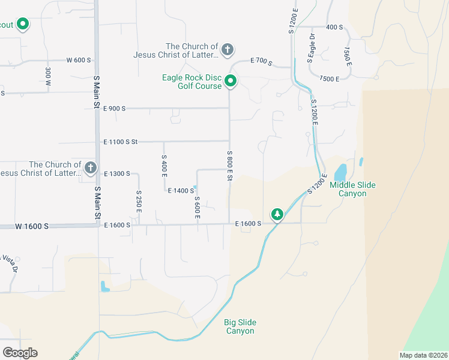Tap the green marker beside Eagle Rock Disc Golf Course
[x=231, y=81]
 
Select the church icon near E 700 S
[x=228, y=49]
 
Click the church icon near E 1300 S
[x=91, y=167]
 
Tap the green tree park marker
[x=277, y=214]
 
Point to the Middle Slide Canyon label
[x=357, y=189]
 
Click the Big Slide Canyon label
[x=240, y=326]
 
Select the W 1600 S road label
[x=32, y=226]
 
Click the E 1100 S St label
[x=121, y=142]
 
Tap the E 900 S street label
[x=114, y=109]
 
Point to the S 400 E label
[x=163, y=164]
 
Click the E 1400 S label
[x=181, y=191]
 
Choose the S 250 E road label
[x=139, y=202]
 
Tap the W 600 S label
[x=79, y=61]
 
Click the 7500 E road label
[x=330, y=79]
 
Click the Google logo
[x=20, y=352]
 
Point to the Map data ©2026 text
[x=423, y=355]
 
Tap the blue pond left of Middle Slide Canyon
[x=340, y=173]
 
